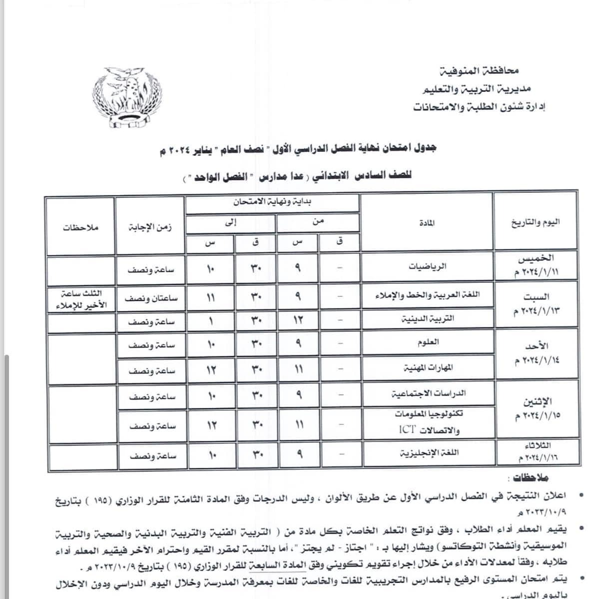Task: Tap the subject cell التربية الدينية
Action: [428, 318]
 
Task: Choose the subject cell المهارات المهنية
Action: [428, 368]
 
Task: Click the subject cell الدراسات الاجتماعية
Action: [428, 393]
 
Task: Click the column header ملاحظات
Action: [81, 227]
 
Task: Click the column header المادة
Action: [427, 223]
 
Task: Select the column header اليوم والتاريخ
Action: [535, 222]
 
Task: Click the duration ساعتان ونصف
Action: [151, 298]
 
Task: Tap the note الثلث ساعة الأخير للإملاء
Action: [81, 299]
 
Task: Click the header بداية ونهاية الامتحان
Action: [272, 202]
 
